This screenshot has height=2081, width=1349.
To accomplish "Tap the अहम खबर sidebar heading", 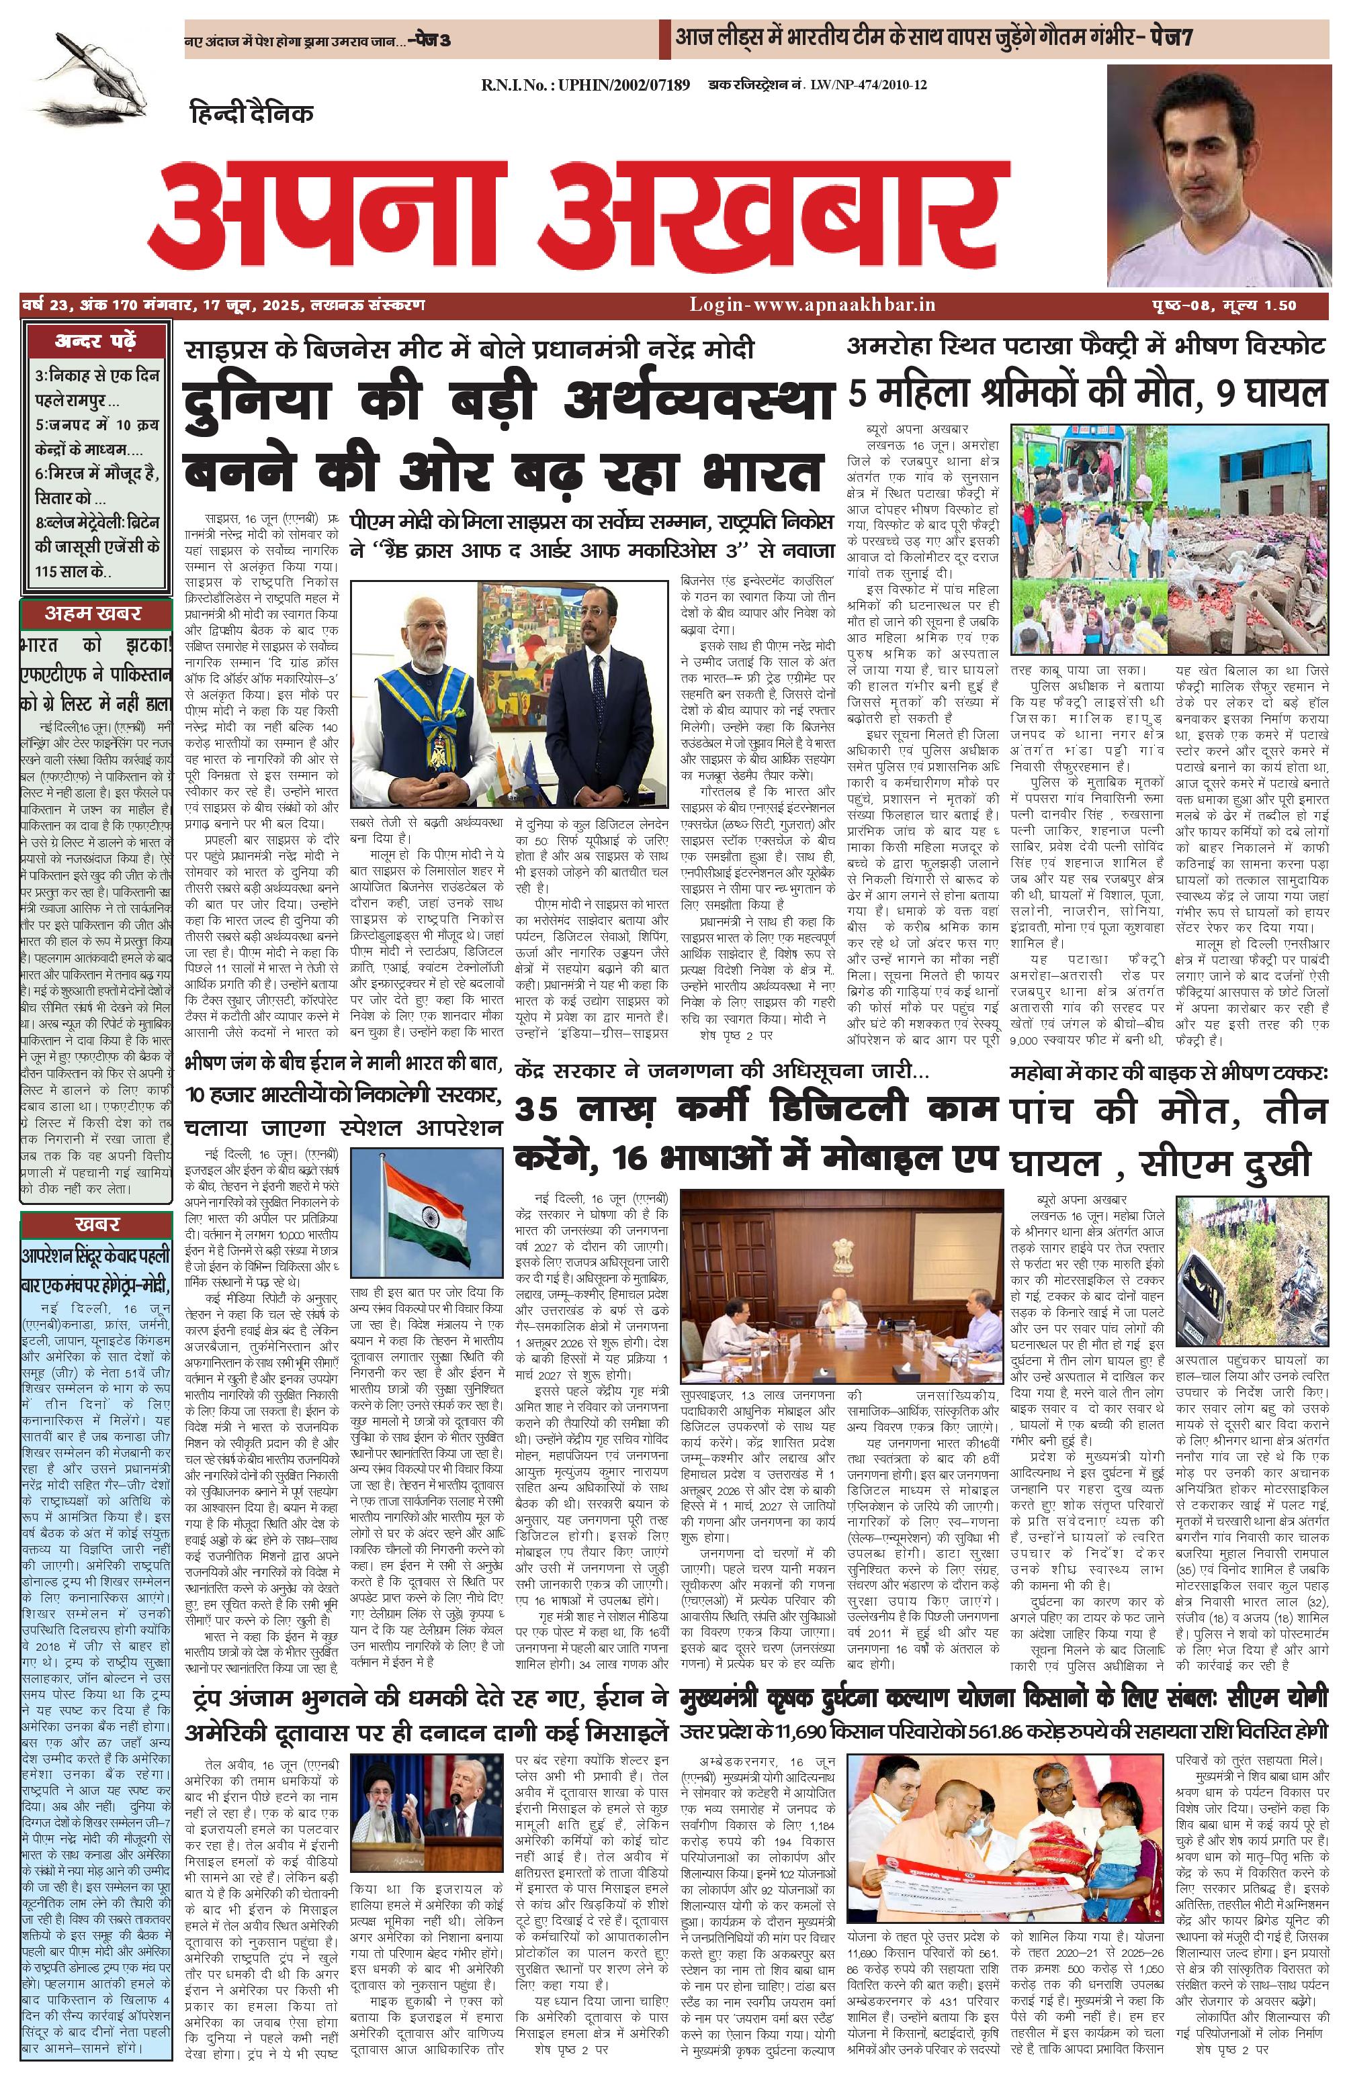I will [x=93, y=613].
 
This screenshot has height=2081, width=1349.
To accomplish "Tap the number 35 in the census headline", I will [x=541, y=1110].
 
